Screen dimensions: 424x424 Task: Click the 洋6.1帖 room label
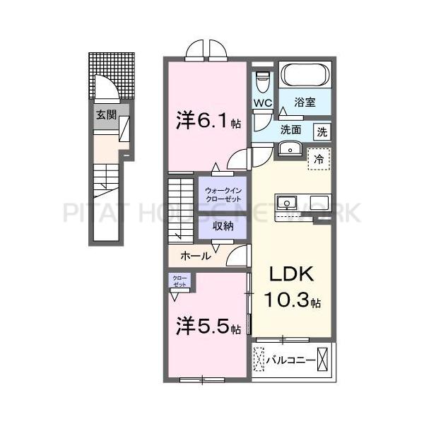208,121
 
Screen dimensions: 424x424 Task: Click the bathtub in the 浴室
305,75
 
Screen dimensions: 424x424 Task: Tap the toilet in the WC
262,81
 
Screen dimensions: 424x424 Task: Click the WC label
263,103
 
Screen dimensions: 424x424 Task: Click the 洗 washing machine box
322,131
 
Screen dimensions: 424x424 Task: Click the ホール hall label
195,256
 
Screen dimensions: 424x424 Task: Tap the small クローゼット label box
179,281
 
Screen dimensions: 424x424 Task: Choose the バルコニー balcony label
291,360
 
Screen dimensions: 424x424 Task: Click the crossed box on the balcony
324,359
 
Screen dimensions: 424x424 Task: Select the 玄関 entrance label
107,114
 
